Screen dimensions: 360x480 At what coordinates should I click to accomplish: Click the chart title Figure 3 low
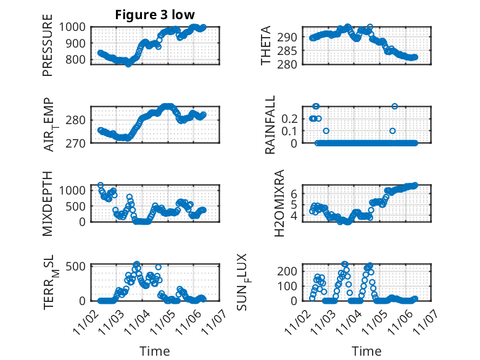(x=155, y=15)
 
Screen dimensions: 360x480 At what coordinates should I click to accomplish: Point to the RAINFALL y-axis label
(x=270, y=125)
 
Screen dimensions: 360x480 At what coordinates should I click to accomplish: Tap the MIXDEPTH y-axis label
(x=48, y=202)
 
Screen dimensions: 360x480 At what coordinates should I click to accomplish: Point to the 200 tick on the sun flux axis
(x=291, y=271)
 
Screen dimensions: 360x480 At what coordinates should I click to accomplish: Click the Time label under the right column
(x=366, y=351)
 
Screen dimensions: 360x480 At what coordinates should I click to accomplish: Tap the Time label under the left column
(x=155, y=351)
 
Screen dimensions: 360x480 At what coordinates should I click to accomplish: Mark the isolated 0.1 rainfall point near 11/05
(x=392, y=130)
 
